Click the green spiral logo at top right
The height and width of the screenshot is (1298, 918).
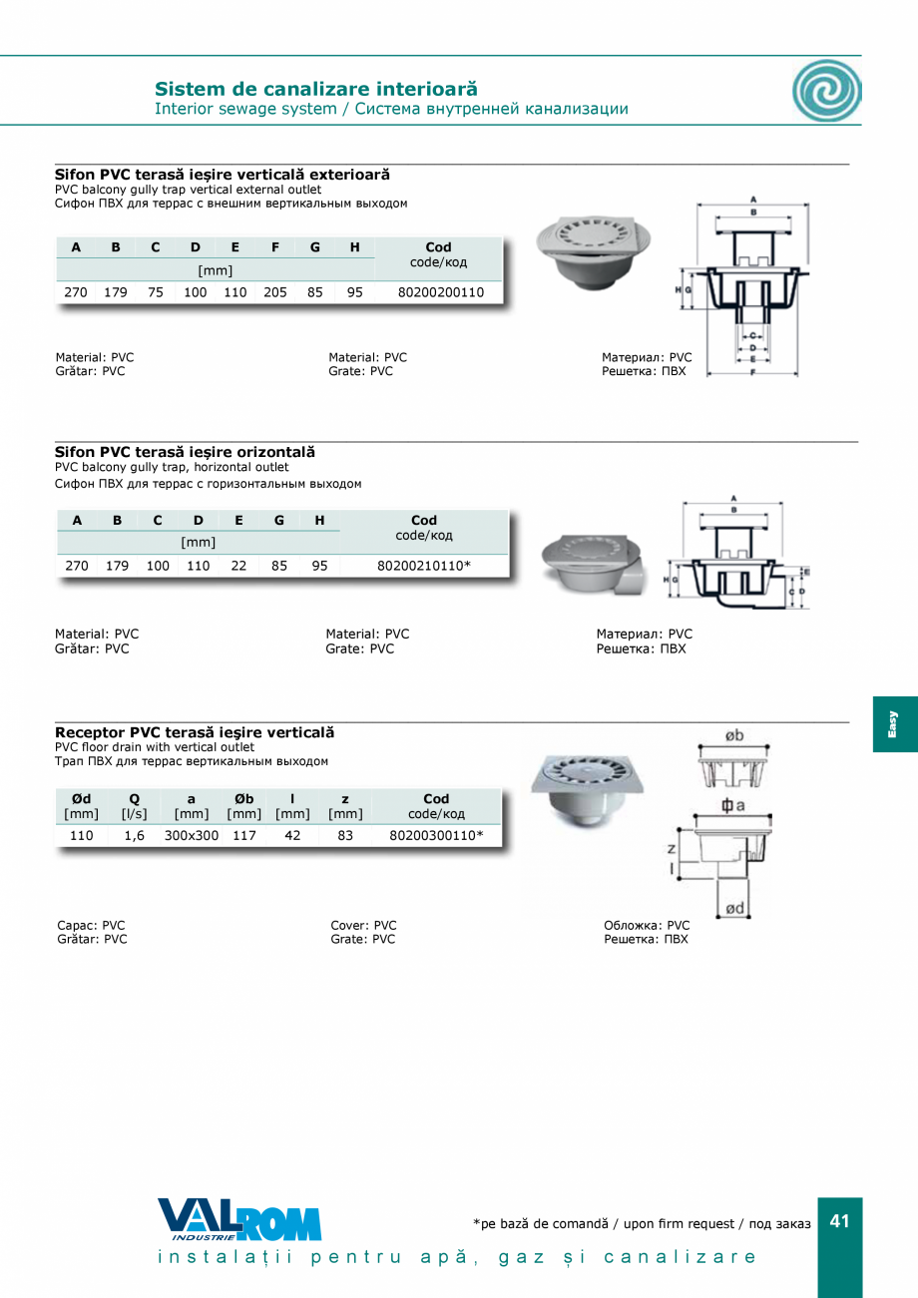point(826,91)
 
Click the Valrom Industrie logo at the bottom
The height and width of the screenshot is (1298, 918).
point(239,1220)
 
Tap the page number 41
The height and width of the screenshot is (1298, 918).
point(839,1222)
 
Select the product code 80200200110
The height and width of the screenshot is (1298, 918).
point(440,292)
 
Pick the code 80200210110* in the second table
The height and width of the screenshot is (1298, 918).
point(424,566)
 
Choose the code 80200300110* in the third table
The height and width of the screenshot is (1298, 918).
point(436,835)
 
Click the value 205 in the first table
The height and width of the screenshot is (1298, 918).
point(274,292)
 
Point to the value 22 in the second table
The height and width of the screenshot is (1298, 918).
point(238,566)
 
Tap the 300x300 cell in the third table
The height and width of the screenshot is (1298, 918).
point(192,835)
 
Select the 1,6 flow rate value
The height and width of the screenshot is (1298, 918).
point(134,835)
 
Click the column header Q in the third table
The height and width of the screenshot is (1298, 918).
point(134,798)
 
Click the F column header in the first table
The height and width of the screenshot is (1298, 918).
point(274,247)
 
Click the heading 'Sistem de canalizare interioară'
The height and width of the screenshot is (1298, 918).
point(316,89)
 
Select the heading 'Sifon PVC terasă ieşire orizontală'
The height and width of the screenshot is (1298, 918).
point(185,452)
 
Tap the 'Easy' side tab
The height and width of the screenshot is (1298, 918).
point(894,723)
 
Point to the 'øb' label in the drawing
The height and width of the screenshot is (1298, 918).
point(733,736)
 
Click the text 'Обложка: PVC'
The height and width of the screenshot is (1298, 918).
point(647,925)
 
